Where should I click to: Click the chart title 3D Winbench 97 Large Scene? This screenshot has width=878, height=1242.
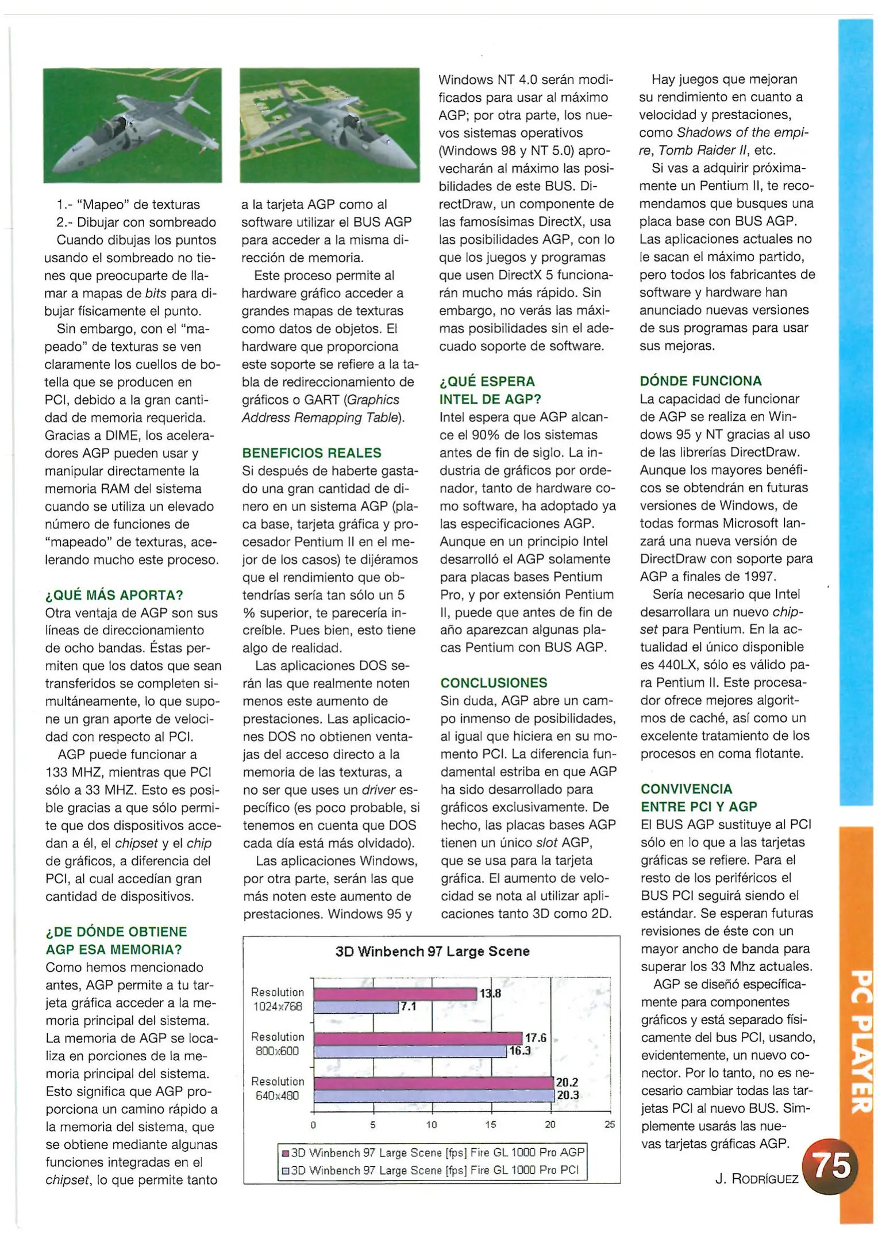pos(432,951)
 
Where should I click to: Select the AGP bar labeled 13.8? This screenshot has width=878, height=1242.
pos(395,993)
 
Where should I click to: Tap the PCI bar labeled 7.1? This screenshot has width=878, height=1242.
pos(356,1006)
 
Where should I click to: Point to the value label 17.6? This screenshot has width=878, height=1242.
pos(535,1038)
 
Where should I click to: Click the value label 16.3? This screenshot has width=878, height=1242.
pos(519,1051)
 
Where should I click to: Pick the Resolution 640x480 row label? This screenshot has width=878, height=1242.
pos(278,1088)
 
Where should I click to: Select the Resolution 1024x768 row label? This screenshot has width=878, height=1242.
pos(278,999)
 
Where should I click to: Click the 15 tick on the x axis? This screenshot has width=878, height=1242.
pos(491,1124)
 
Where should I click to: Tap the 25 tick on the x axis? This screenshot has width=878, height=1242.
pos(610,1124)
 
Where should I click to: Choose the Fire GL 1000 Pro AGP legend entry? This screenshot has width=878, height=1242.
pos(433,1152)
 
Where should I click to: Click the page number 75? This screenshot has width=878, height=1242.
pos(833,1167)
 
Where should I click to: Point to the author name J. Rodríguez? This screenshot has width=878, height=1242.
pos(757,1179)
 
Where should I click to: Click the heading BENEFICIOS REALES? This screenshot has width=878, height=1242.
pos(311,453)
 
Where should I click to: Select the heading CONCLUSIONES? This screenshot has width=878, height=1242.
pos(494,683)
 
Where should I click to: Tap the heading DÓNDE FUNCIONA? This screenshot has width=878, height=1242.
pos(700,381)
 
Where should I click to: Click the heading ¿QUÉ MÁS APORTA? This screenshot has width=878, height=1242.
pos(114,595)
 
